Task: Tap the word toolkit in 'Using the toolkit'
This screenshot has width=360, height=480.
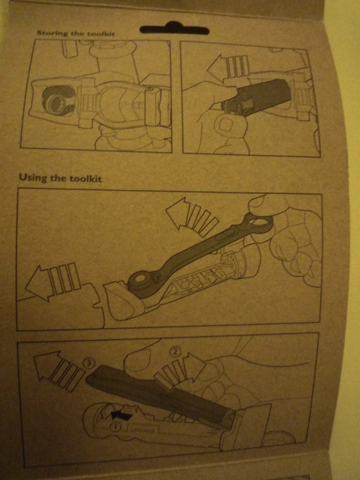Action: click(x=85, y=179)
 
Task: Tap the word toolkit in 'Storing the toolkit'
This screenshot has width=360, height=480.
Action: click(x=101, y=34)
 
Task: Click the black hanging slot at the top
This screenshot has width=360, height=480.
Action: click(x=175, y=29)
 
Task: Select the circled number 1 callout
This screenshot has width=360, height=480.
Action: click(x=115, y=426)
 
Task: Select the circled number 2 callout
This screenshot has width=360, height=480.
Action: click(x=175, y=352)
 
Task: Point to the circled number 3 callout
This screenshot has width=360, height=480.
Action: click(x=89, y=364)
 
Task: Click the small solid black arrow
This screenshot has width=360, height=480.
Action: click(x=121, y=415)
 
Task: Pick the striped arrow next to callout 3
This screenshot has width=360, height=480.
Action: click(x=58, y=370)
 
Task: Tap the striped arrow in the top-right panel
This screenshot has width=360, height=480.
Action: click(x=228, y=67)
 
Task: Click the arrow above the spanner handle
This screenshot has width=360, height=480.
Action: click(x=191, y=217)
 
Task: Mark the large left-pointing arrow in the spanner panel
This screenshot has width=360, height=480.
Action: click(x=53, y=281)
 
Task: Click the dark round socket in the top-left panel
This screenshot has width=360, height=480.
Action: click(x=58, y=101)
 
